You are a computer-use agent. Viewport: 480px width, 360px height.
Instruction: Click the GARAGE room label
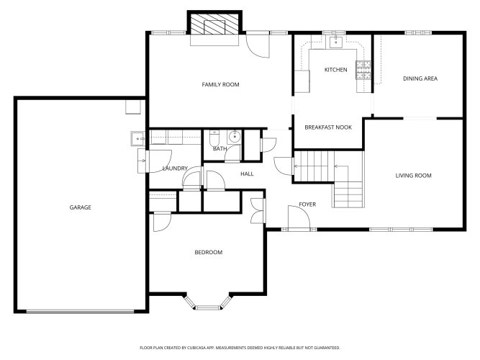tap(80, 207)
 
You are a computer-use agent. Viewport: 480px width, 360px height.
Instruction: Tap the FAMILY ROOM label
tap(220, 84)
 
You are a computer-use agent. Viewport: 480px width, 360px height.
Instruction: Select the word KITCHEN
tap(336, 70)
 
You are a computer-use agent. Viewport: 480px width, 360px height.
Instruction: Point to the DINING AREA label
tap(420, 78)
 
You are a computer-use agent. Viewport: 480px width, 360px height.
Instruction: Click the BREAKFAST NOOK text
tap(328, 127)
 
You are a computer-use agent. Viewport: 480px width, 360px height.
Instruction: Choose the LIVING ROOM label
tap(413, 176)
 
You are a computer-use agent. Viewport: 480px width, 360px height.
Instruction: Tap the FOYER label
tap(307, 204)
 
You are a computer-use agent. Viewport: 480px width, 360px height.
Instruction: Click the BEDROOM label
tap(209, 253)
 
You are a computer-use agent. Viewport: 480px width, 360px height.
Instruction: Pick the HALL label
tap(247, 174)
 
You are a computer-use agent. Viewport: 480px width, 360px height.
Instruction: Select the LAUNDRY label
tap(175, 168)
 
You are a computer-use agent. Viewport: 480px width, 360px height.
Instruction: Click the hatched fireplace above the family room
tap(214, 23)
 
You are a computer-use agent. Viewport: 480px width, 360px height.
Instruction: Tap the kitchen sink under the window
tap(336, 42)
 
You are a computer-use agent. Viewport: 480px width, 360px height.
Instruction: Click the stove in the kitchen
tap(363, 70)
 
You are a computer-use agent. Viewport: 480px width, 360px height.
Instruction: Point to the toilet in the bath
tap(214, 139)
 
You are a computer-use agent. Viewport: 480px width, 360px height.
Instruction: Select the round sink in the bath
tap(235, 137)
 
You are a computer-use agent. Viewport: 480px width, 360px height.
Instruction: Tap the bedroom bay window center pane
tap(208, 307)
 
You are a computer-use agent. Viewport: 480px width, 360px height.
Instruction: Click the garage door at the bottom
tap(80, 312)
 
